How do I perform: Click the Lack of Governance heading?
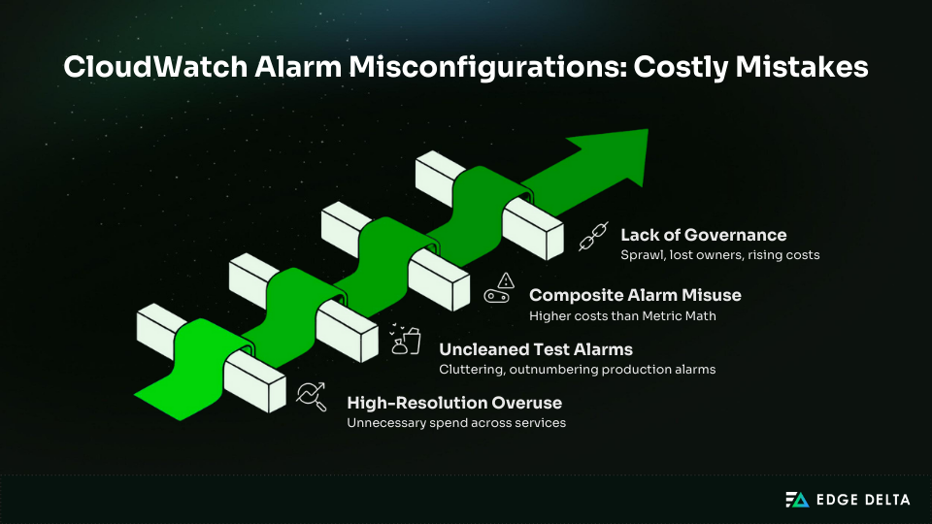tap(703, 236)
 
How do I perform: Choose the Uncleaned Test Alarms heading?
tap(537, 348)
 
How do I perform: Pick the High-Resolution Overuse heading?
tap(454, 403)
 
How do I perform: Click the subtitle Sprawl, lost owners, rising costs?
tap(720, 255)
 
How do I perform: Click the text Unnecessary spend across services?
tap(456, 422)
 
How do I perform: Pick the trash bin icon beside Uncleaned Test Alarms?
tap(407, 341)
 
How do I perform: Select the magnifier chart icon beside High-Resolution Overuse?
tap(312, 394)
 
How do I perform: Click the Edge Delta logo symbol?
tap(796, 500)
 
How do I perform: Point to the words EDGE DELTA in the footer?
tap(862, 500)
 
